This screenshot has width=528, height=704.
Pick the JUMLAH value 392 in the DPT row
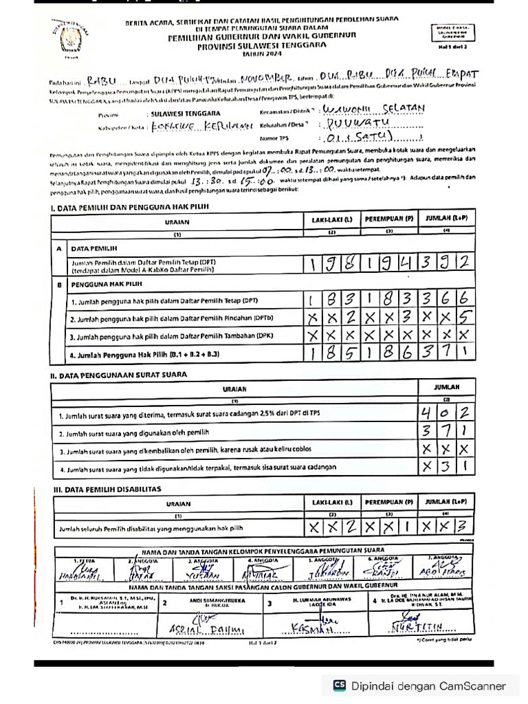447,263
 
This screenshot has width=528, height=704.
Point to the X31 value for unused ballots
447,467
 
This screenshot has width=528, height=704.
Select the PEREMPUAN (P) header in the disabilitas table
389,503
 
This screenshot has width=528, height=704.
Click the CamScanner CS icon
339,685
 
